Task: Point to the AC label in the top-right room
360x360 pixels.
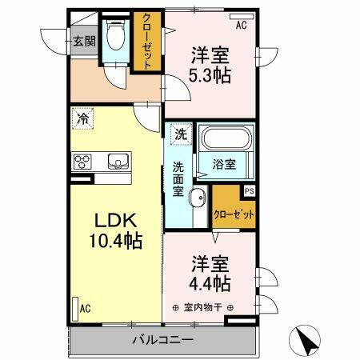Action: coord(241,26)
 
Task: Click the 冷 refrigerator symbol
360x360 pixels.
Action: coord(83,119)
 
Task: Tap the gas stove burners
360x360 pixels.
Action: coord(83,162)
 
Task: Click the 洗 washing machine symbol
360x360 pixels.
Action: coord(182,135)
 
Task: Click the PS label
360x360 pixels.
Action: coord(249,190)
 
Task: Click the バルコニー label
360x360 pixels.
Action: coord(162,340)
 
